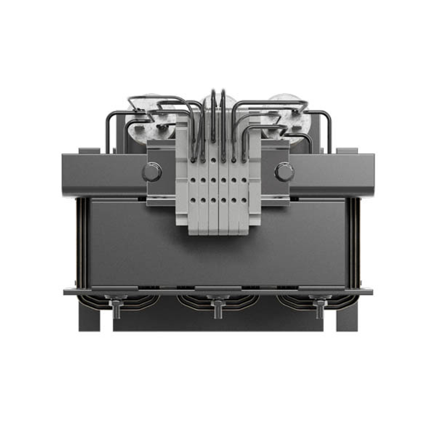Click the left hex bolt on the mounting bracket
pos(152,172)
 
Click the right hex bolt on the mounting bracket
pos(284,172)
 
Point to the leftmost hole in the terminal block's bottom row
pos(192,200)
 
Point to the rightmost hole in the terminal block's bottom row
pos(244,200)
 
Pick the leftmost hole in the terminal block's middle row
pos(192,179)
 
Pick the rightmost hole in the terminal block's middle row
pos(244,179)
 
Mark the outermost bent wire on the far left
pos(107,131)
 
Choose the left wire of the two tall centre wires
pos(213,113)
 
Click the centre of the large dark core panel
pos(218,257)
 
